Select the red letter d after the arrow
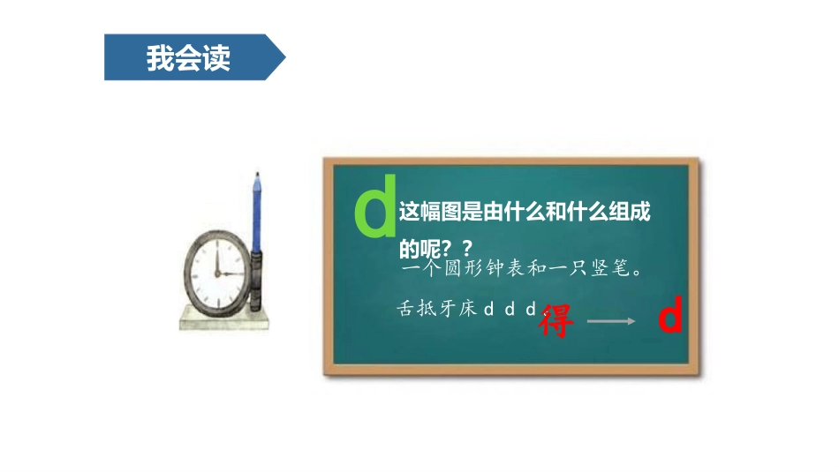point(671,318)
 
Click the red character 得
point(556,320)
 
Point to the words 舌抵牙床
point(437,310)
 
